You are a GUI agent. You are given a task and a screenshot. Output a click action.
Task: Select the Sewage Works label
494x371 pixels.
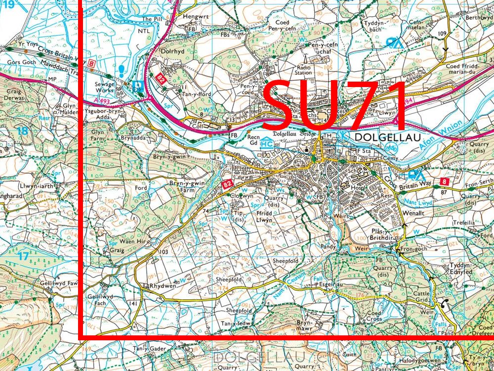coord(104,88)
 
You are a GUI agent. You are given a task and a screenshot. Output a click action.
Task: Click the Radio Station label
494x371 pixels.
coord(304,70)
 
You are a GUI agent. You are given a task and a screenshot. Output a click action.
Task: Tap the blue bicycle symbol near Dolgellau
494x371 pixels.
coord(390,147)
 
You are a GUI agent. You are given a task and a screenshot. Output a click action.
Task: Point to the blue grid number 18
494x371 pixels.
coord(22,131)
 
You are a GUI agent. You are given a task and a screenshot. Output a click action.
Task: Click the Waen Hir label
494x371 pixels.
coord(134,242)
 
